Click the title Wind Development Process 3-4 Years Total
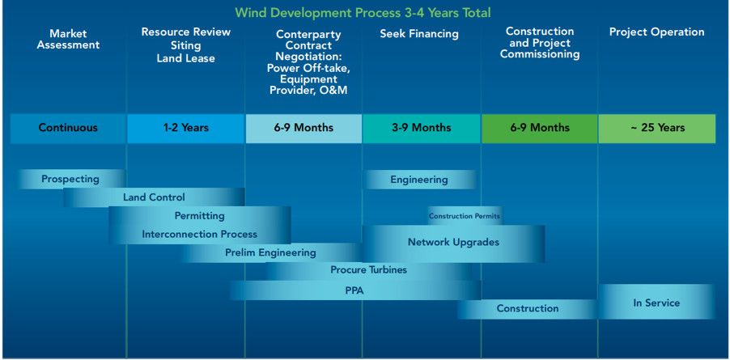click(x=363, y=13)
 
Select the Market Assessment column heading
click(x=69, y=40)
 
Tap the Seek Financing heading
click(x=419, y=34)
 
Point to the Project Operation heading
click(x=656, y=32)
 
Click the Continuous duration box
click(x=69, y=128)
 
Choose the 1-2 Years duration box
click(x=186, y=128)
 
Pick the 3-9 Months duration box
click(x=422, y=128)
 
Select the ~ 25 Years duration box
click(x=657, y=128)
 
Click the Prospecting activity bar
click(x=71, y=179)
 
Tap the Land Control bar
click(x=154, y=197)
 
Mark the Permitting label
click(x=200, y=216)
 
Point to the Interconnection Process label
click(x=200, y=235)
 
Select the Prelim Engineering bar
click(x=271, y=253)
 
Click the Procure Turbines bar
click(x=369, y=270)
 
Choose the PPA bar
click(x=355, y=290)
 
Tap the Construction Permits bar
click(x=465, y=216)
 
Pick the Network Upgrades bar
click(x=453, y=244)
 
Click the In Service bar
click(x=656, y=303)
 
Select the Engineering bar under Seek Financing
click(x=419, y=180)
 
